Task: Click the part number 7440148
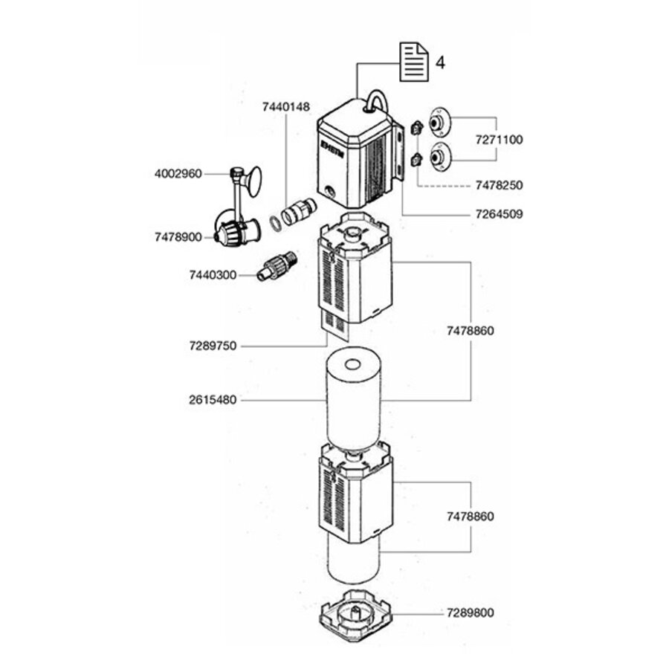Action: pos(286,106)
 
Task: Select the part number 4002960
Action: pos(178,174)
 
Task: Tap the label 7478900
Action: pos(178,237)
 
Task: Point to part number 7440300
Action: pos(213,275)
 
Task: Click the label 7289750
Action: pos(213,346)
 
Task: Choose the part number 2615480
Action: pos(213,400)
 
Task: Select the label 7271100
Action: pos(499,140)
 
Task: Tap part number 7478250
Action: pos(499,185)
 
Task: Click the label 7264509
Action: pos(499,214)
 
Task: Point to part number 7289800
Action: pos(471,613)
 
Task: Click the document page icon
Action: pos(414,62)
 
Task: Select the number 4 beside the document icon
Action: pos(440,62)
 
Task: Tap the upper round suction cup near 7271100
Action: pos(438,122)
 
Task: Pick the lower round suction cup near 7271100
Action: pos(438,157)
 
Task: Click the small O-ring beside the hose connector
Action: pos(274,223)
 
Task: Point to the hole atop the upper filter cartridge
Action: pos(352,365)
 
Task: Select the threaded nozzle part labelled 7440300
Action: pos(277,266)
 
